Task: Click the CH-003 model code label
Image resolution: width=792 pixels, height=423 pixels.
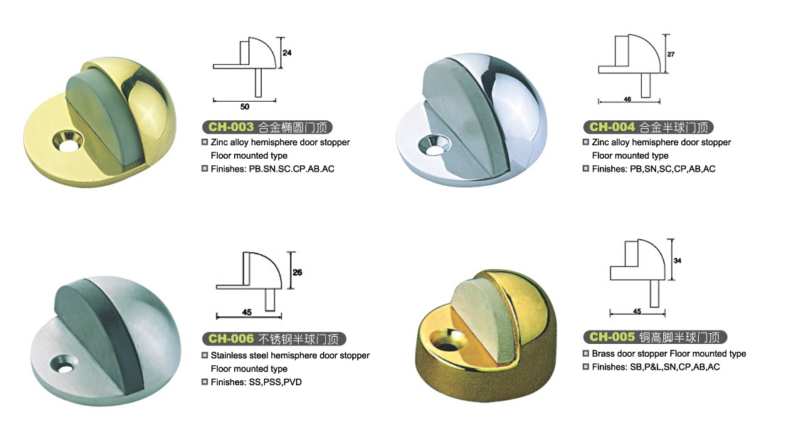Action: tap(231, 127)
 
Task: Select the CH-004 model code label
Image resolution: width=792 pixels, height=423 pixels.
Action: tap(612, 127)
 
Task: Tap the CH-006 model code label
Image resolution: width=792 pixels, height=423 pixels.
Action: tap(231, 338)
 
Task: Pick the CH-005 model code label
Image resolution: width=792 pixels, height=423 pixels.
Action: tap(612, 337)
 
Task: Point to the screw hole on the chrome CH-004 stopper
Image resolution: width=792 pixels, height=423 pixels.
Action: tap(432, 144)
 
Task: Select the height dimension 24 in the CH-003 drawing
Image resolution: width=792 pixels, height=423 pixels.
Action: tap(287, 53)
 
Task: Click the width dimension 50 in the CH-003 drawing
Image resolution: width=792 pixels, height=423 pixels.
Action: tap(245, 107)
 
